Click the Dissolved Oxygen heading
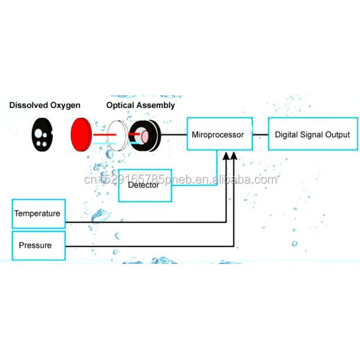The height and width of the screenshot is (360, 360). tap(45, 106)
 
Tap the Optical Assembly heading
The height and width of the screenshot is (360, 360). tap(140, 106)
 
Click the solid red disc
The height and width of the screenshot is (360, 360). tap(81, 134)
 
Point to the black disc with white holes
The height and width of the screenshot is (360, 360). tap(42, 134)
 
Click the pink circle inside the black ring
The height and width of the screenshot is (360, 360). tap(145, 136)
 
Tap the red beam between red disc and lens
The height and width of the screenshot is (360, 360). tap(104, 134)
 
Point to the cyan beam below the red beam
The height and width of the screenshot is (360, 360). tap(104, 143)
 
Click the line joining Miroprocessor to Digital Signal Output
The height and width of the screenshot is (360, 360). tap(260, 134)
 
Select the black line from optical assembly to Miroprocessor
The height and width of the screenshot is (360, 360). tap(174, 134)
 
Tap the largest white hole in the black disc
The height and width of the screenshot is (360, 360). tap(38, 133)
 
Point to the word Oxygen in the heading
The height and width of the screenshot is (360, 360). tap(65, 106)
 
